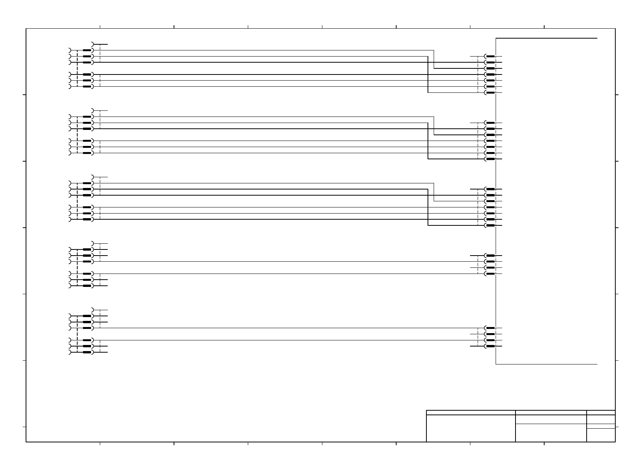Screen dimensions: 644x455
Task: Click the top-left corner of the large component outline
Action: [x=496, y=38]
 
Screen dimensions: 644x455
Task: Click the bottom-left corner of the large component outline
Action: [x=496, y=364]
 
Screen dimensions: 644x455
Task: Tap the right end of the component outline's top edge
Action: [x=597, y=38]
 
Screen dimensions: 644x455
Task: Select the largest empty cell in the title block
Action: [x=470, y=428]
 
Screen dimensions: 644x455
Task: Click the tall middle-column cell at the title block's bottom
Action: [x=551, y=433]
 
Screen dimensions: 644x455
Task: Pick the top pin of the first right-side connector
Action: [x=490, y=56]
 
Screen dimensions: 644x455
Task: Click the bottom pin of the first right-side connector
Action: [x=490, y=93]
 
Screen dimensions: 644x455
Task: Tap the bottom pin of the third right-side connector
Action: [x=490, y=225]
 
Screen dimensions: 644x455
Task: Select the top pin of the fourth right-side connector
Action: [x=490, y=255]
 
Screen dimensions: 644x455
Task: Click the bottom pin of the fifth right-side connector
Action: [x=490, y=346]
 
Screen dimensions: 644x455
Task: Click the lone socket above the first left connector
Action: [x=93, y=44]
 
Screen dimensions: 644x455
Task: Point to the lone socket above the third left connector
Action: [x=93, y=177]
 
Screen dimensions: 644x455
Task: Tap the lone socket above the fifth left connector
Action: [x=93, y=310]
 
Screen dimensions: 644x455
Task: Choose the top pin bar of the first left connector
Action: [x=87, y=50]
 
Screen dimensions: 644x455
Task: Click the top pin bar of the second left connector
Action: [x=87, y=117]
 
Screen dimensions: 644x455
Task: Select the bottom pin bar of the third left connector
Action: [x=87, y=219]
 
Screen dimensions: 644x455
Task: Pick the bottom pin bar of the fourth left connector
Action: [x=87, y=286]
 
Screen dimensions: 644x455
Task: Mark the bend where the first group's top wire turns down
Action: [x=434, y=50]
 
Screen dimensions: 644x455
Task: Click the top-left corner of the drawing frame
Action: [x=26, y=28]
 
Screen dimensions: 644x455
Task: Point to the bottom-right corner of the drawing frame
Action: [x=615, y=442]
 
